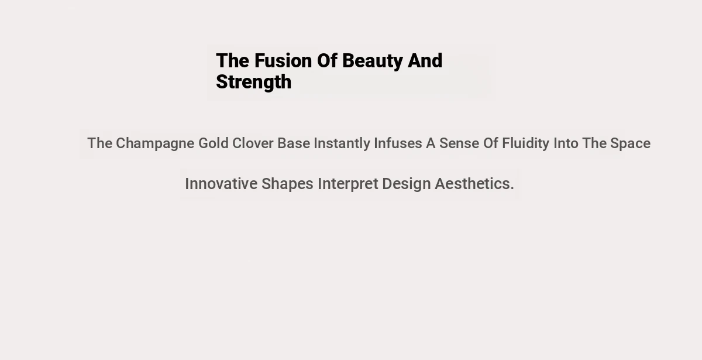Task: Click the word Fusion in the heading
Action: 283,60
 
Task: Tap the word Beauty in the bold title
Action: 372,61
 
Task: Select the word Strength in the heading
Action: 254,83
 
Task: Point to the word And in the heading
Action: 425,60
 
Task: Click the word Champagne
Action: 155,144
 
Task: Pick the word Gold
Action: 214,143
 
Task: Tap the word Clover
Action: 253,143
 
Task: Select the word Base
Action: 294,143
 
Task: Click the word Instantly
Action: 342,144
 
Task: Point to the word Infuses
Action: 398,143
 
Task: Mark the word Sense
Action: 459,143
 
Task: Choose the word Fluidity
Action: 525,144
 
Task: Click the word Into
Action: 566,143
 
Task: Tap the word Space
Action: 630,144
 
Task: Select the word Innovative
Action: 221,184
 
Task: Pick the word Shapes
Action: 287,184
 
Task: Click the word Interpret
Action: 348,184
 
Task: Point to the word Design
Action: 407,184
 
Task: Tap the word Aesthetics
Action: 474,184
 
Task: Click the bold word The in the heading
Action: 233,60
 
